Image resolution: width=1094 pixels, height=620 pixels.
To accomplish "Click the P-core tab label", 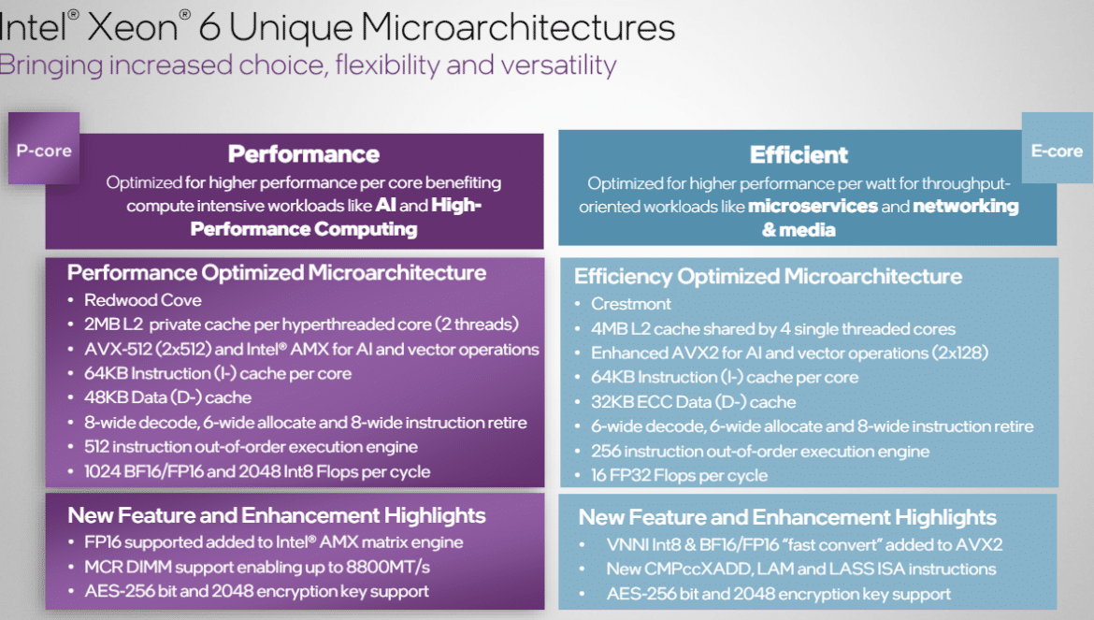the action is pos(44,151).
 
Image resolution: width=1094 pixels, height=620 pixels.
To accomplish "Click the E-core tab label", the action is pos(1057,151).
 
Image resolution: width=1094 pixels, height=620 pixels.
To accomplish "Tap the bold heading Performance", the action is pos(304,154).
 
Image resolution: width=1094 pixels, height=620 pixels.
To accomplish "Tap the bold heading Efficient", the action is pos(799,155).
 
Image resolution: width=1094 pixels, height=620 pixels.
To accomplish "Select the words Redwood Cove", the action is pos(143,300).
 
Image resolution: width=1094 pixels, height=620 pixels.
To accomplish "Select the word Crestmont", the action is pos(631,304).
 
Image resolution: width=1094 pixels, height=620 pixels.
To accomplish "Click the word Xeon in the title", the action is pos(133,28).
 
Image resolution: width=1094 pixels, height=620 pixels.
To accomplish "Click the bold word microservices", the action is pos(813,207).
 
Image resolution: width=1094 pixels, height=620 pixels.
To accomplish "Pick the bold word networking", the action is pos(966,207).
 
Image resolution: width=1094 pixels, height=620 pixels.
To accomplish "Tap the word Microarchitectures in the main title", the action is pos(518,28).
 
